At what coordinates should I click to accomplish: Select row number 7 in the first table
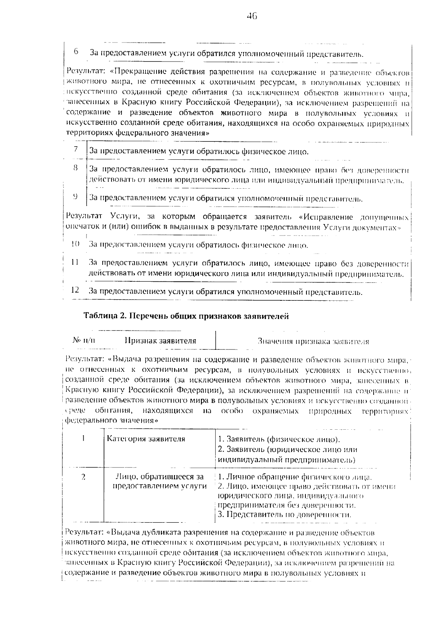coord(76,149)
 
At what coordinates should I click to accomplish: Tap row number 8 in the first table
coord(75,168)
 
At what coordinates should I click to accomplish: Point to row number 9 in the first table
coord(75,196)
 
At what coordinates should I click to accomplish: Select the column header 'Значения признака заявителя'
coord(313,341)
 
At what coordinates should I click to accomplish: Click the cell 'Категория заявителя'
coord(146,439)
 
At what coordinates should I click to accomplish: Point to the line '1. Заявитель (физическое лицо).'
coord(279,439)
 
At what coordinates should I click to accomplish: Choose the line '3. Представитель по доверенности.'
coord(285,515)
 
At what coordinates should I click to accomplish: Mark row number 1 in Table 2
coord(84,438)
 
